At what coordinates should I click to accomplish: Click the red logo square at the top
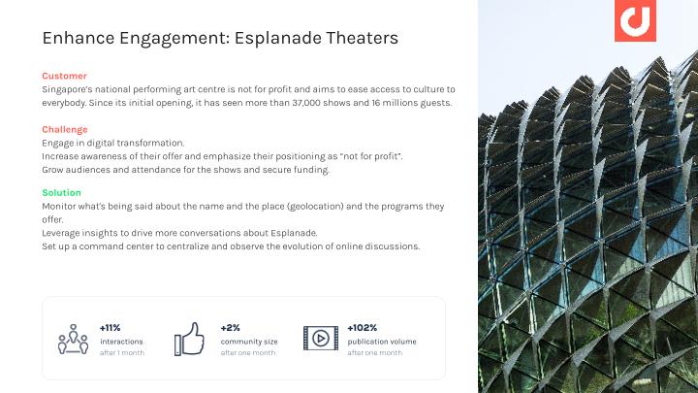pyautogui.click(x=635, y=20)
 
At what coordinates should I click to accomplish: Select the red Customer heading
pyautogui.click(x=65, y=76)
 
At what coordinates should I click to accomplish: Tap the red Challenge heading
pyautogui.click(x=65, y=130)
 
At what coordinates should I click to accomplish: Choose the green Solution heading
pyautogui.click(x=61, y=192)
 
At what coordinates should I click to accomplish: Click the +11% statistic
pyautogui.click(x=110, y=328)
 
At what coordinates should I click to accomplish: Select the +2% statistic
pyautogui.click(x=230, y=328)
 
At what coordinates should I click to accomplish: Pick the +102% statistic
pyautogui.click(x=362, y=328)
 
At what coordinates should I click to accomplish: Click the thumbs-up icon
pyautogui.click(x=189, y=339)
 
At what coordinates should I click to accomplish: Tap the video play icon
pyautogui.click(x=321, y=339)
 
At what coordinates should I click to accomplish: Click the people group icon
pyautogui.click(x=73, y=340)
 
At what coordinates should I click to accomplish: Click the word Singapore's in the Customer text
pyautogui.click(x=67, y=89)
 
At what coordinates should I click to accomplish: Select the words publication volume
pyautogui.click(x=382, y=342)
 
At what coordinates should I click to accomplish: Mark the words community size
pyautogui.click(x=249, y=342)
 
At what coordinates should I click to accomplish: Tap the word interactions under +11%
pyautogui.click(x=121, y=342)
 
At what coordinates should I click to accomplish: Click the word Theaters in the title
pyautogui.click(x=363, y=38)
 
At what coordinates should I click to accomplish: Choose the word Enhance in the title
pyautogui.click(x=79, y=38)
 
